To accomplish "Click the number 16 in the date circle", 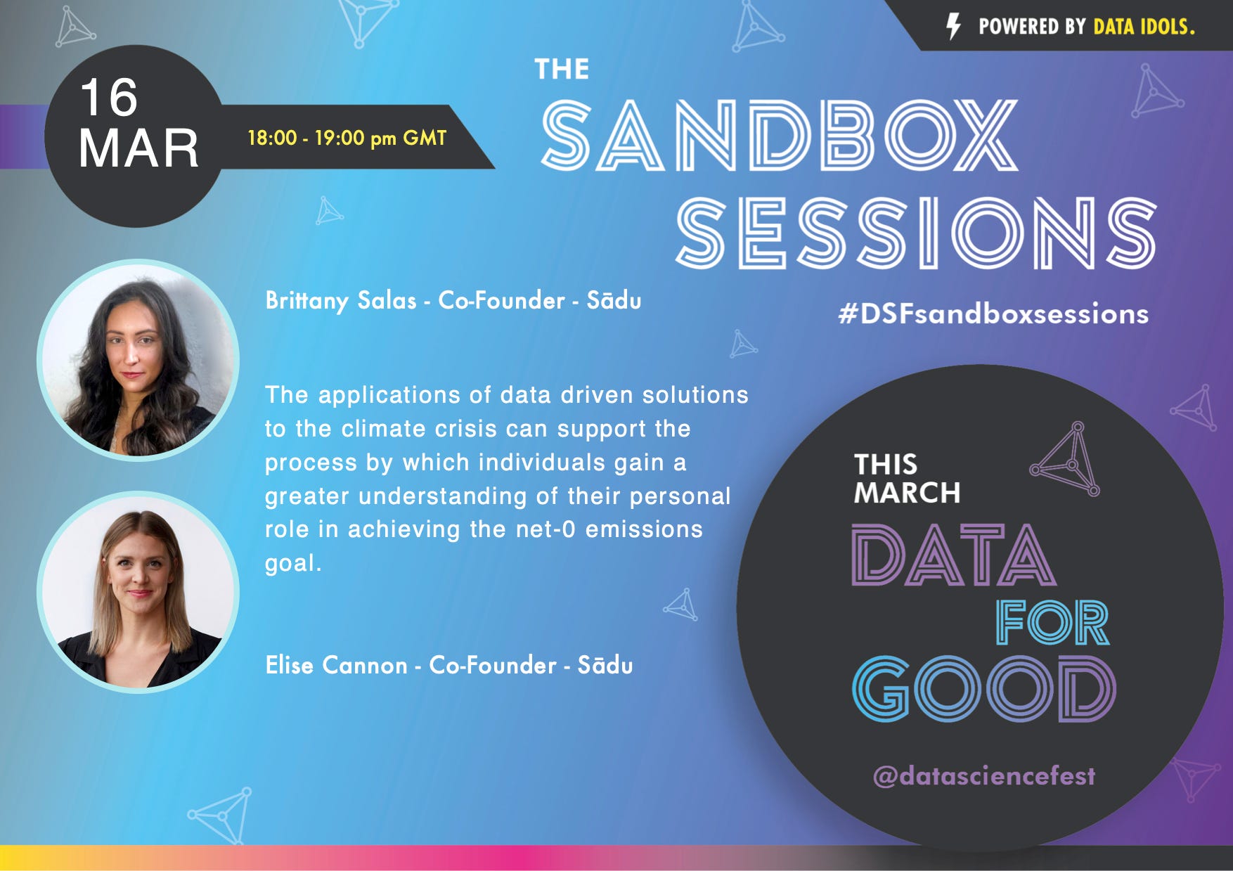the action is (108, 97).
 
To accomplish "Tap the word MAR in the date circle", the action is (138, 148).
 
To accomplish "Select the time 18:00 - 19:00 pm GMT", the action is (347, 137).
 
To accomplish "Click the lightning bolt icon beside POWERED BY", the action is (953, 27).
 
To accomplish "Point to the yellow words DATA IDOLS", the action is (1144, 27).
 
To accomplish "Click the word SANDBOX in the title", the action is (780, 135).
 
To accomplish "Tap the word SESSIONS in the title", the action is (916, 233).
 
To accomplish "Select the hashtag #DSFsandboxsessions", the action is (993, 314).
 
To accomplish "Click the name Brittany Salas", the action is (341, 301).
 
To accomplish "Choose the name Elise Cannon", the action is (336, 665).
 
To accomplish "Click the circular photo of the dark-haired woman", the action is (138, 360).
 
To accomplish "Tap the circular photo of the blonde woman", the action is (138, 592).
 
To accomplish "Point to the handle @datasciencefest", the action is (983, 776).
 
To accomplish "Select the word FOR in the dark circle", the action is (1052, 622).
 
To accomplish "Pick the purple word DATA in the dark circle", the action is (954, 555).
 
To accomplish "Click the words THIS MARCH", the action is (907, 479).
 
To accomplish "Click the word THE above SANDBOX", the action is (562, 69).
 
